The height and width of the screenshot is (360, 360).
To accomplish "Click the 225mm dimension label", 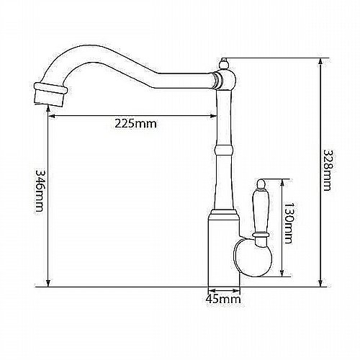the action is (135, 124).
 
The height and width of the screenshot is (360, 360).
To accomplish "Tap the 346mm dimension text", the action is (40, 191).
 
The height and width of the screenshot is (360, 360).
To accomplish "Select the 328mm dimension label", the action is (327, 171).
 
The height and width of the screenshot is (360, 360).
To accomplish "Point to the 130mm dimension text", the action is (287, 223).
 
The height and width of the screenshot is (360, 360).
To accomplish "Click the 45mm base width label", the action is (223, 299).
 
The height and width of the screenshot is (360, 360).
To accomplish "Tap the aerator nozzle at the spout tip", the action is (50, 94).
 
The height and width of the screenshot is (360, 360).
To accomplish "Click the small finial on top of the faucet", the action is (224, 64).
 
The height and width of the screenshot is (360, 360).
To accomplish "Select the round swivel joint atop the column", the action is (225, 79).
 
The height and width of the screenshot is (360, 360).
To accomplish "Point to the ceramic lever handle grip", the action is (261, 210).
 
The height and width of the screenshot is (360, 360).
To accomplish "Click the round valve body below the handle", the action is (253, 257).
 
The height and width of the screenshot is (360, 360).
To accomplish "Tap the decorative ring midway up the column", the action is (224, 150).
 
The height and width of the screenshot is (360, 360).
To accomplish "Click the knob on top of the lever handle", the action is (261, 184).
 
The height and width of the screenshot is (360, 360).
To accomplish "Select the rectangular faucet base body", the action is (224, 250).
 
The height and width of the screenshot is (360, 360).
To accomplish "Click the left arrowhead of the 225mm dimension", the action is (52, 116).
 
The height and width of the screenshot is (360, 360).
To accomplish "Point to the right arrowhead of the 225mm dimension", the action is (213, 116).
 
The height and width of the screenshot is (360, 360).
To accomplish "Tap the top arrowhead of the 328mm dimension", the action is (320, 61).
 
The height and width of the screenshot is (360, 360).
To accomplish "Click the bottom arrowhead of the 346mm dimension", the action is (48, 283).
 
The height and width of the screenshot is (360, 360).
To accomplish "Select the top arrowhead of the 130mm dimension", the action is (282, 182).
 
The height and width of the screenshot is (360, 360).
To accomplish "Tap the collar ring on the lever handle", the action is (261, 234).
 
